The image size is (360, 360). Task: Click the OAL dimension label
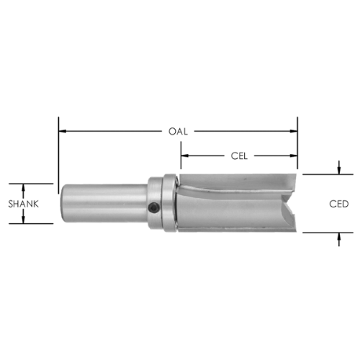[x=178, y=132]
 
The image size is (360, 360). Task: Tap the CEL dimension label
[x=239, y=156]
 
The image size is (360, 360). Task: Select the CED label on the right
[x=338, y=204]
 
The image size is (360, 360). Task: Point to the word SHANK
[x=24, y=204]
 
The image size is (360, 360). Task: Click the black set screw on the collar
[x=153, y=207]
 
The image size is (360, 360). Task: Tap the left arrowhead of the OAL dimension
[x=63, y=131]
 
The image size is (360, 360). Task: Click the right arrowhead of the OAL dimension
[x=294, y=131]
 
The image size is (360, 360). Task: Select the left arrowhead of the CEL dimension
[x=185, y=156]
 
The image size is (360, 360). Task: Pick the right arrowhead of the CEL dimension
[x=294, y=156]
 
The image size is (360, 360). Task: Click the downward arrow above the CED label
[x=338, y=168]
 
